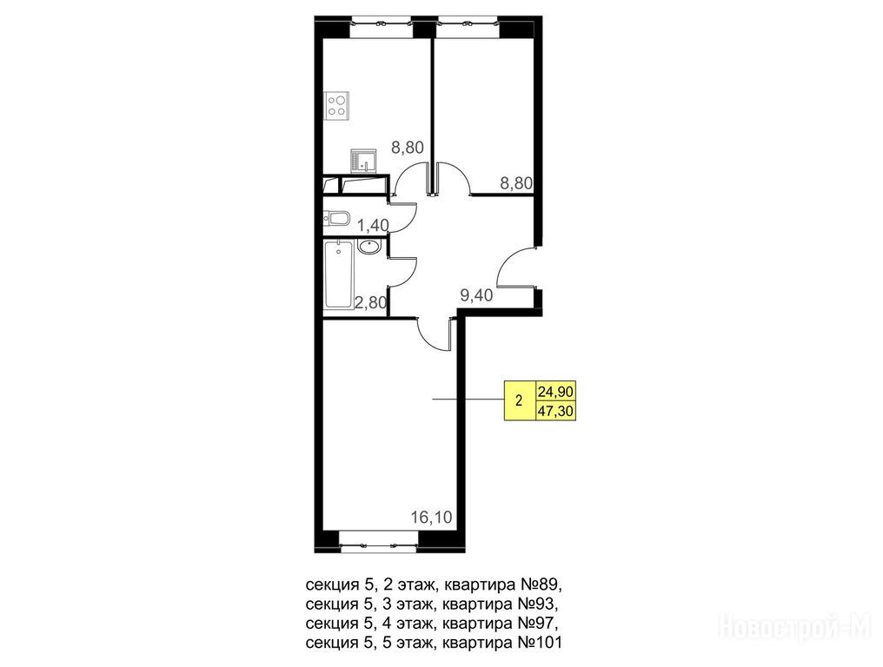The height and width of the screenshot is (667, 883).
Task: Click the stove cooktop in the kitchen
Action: click(336, 105)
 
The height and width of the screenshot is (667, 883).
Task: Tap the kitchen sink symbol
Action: click(363, 161)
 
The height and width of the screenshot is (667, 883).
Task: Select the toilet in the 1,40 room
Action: click(336, 218)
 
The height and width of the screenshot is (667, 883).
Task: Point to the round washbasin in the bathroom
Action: click(368, 248)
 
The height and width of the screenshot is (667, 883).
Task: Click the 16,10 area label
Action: click(431, 517)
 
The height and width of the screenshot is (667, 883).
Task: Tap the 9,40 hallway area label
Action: click(476, 295)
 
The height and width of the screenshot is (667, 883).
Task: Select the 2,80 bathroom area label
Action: click(370, 303)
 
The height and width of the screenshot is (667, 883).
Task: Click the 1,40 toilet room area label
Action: click(373, 226)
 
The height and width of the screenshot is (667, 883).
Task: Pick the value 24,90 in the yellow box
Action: click(556, 391)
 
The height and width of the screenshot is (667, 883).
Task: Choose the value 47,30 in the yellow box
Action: click(556, 412)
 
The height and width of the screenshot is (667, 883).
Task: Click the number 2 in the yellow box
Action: click(519, 401)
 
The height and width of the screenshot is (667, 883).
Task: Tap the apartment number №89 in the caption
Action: click(540, 584)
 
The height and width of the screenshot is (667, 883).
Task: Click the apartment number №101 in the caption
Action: click(540, 642)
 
